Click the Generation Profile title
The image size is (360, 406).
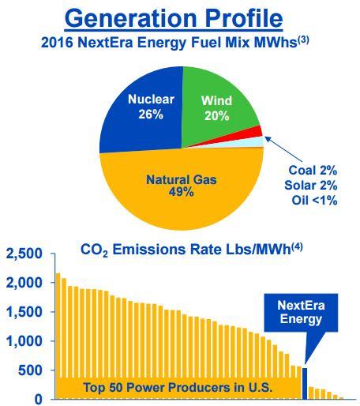pyautogui.click(x=174, y=18)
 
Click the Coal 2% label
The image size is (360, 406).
pyautogui.click(x=313, y=171)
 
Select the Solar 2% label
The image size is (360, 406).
pyautogui.click(x=311, y=186)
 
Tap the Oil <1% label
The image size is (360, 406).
pyautogui.click(x=314, y=201)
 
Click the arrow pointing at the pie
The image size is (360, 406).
pyautogui.click(x=283, y=149)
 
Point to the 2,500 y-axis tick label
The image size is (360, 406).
pyautogui.click(x=24, y=254)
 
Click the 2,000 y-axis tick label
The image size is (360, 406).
pyautogui.click(x=24, y=283)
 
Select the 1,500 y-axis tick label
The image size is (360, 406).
pyautogui.click(x=24, y=312)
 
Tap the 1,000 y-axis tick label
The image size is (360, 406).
pyautogui.click(x=24, y=341)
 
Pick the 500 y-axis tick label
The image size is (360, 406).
pyautogui.click(x=30, y=370)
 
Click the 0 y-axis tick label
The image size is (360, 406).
pyautogui.click(x=39, y=400)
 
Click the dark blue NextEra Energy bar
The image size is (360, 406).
pyautogui.click(x=305, y=384)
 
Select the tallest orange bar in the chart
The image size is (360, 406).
pyautogui.click(x=58, y=336)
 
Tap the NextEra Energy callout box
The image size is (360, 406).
pyautogui.click(x=301, y=313)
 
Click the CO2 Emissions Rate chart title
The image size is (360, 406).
pyautogui.click(x=192, y=250)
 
